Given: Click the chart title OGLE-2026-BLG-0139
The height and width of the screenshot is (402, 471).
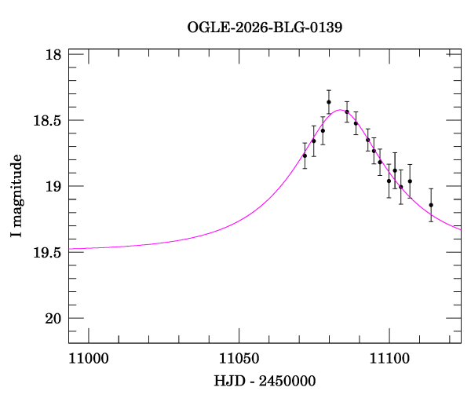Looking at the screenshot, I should pyautogui.click(x=265, y=27).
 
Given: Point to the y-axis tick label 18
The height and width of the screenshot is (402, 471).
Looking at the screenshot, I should pyautogui.click(x=53, y=55).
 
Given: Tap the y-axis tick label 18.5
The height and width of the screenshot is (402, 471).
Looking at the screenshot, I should pyautogui.click(x=49, y=121).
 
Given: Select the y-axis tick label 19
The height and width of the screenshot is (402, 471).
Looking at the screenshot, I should pyautogui.click(x=53, y=187).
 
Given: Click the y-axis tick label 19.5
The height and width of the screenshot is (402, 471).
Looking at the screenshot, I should pyautogui.click(x=49, y=253).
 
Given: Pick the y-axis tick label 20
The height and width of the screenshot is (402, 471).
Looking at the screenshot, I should pyautogui.click(x=53, y=319).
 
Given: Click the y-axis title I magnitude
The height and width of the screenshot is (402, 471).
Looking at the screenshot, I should pyautogui.click(x=16, y=196).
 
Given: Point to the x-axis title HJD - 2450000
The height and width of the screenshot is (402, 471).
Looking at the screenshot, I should pyautogui.click(x=265, y=382).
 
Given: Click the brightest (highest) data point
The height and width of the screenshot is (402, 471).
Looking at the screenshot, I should pyautogui.click(x=329, y=102).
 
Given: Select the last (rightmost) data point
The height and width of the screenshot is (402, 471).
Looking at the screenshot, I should pyautogui.click(x=431, y=205).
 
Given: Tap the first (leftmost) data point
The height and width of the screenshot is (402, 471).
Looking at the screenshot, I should pyautogui.click(x=305, y=155).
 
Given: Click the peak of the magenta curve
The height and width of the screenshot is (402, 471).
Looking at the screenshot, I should pyautogui.click(x=341, y=110).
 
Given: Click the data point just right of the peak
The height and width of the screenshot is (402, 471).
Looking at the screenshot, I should pyautogui.click(x=346, y=111).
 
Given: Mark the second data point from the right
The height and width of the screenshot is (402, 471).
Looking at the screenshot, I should pyautogui.click(x=410, y=181).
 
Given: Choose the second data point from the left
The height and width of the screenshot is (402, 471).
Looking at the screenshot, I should pyautogui.click(x=313, y=141).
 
